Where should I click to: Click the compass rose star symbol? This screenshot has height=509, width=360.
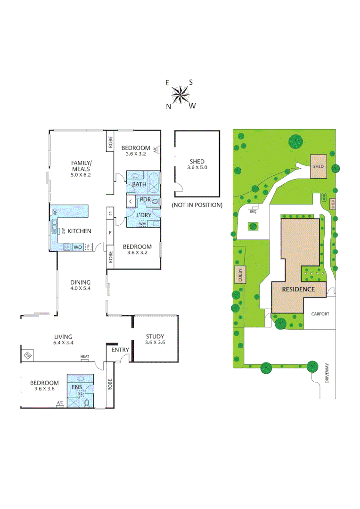tap(180, 95)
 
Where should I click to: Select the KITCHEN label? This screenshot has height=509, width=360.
tap(79, 231)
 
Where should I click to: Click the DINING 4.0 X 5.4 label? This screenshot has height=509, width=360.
tap(80, 286)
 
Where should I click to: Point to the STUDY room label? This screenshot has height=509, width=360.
tap(155, 339)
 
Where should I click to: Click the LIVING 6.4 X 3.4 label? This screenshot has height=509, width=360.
tap(63, 340)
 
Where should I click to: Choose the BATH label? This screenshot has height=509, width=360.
tap(139, 184)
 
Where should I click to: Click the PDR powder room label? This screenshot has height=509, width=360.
tap(145, 199)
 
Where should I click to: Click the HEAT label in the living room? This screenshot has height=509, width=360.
tap(85, 357)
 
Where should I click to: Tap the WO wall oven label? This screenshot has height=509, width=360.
tap(78, 246)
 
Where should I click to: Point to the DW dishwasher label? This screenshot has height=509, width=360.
tap(63, 231)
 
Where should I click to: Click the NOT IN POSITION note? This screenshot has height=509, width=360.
tap(196, 205)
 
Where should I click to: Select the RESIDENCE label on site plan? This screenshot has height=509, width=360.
tap(298, 289)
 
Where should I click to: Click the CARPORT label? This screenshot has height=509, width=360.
tap(320, 314)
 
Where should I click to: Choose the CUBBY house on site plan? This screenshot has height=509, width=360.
tap(239, 275)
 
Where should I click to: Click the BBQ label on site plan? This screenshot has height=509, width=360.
tap(254, 212)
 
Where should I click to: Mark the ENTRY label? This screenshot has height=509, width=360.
tap(120, 350)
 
